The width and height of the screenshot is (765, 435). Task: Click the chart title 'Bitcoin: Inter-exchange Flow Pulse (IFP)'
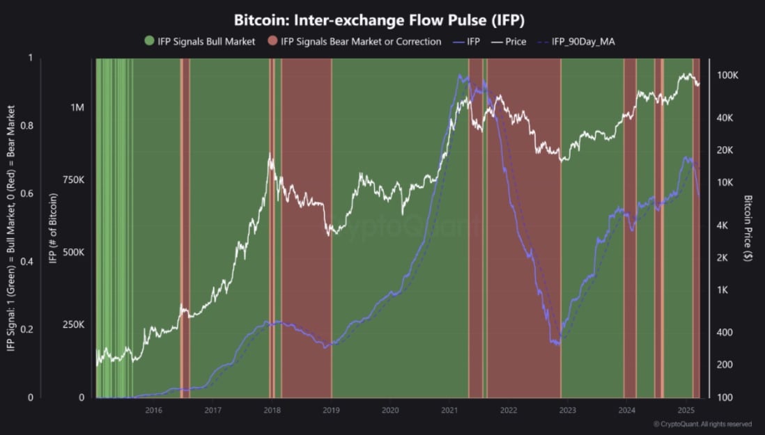[x=382, y=19]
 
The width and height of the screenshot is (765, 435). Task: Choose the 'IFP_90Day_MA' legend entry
[x=582, y=42]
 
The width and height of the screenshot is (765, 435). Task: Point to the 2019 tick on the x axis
[x=332, y=410]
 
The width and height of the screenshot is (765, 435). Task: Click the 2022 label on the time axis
[x=509, y=410]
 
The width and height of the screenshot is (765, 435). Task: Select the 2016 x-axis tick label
[x=154, y=410]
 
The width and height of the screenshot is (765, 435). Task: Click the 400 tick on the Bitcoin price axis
[x=725, y=333]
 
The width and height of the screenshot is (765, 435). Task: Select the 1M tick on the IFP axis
[x=77, y=108]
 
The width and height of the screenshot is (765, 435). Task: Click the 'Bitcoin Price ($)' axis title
[x=748, y=228]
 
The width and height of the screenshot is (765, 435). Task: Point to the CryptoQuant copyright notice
[x=702, y=424]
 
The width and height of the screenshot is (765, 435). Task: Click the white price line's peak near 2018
[x=270, y=155]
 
